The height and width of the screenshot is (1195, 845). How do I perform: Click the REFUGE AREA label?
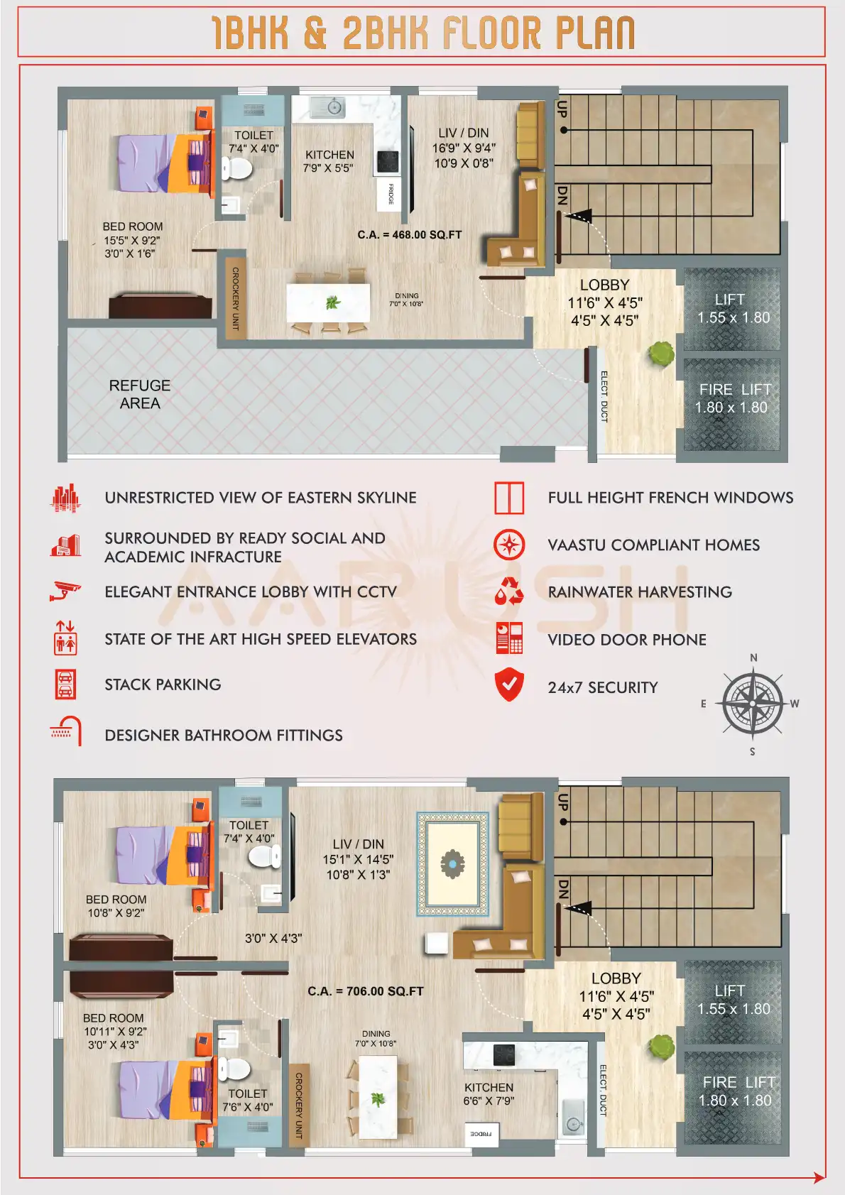140,394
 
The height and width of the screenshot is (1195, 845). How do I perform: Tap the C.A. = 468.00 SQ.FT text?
410,235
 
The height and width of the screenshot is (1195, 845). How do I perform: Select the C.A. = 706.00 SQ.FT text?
366,991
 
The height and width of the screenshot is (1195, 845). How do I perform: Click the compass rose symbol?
752,703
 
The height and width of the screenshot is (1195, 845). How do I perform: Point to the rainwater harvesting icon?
509,591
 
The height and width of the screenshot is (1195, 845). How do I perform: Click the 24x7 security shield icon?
509,684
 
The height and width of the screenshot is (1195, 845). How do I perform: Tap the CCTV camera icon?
65,591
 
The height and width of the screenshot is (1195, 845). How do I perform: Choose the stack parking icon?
65,684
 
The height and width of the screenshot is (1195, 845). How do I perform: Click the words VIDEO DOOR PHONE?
627,640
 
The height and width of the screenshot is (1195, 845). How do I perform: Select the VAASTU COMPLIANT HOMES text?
653,545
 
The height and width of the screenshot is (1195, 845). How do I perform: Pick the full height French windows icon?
509,498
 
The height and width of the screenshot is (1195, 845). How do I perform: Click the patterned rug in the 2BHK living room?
452,863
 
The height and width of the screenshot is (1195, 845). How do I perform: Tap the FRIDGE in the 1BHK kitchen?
390,194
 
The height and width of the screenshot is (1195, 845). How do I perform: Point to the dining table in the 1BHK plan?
328,303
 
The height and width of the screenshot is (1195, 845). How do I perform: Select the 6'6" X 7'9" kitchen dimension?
489,1101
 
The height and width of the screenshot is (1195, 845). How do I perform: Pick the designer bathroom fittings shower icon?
65,731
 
